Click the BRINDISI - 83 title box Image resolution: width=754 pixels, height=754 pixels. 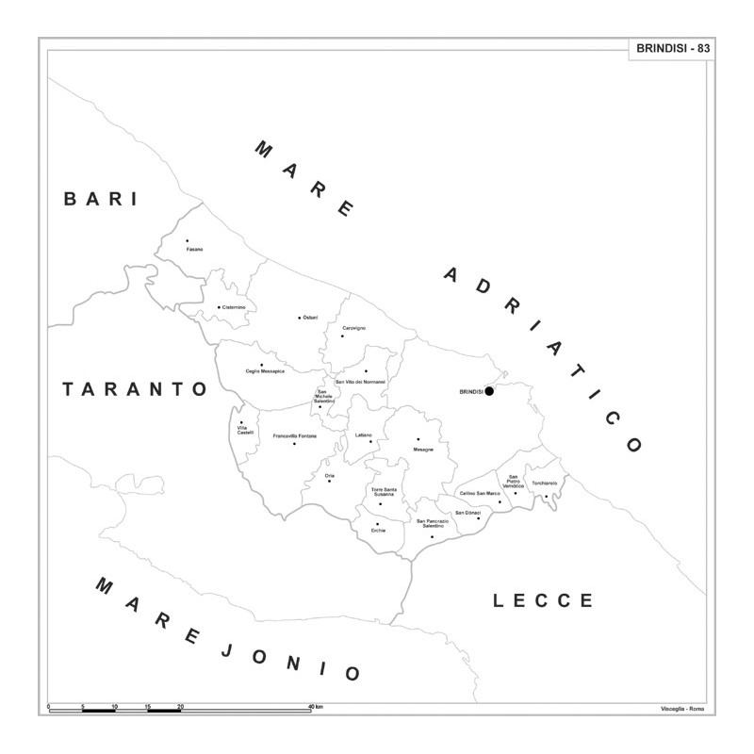coord(672,49)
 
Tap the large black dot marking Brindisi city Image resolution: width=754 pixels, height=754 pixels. coord(489,391)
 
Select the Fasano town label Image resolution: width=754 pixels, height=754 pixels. coord(193,250)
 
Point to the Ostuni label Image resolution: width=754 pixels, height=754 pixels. coord(310,318)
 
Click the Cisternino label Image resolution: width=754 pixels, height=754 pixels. coord(234,307)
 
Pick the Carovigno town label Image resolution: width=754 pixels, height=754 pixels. coord(353,328)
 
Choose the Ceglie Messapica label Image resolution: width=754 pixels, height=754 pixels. coord(265,371)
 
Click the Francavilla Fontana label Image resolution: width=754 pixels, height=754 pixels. coord(295,436)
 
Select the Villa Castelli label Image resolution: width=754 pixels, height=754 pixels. coord(245,430)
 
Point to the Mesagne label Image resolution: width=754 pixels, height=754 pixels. coord(423,450)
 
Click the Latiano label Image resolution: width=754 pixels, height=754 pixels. coord(364,435)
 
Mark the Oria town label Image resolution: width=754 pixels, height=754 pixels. coord(329,476)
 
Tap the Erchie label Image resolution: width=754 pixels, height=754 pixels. coord(378,531)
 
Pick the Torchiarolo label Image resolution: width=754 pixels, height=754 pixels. coord(544,484)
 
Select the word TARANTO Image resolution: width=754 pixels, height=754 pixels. coord(135,388)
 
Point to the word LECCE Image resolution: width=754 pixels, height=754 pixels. coord(544,600)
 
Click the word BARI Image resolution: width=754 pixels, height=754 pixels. coord(101,199)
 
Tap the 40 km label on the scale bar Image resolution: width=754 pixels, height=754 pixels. coord(316,706)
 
